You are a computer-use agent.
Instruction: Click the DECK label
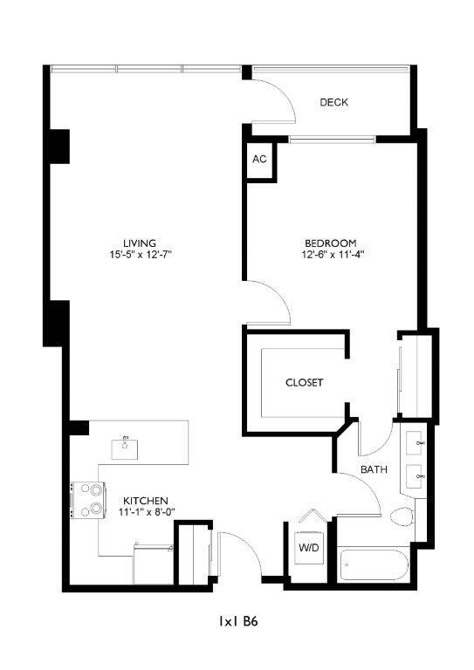tap(333, 102)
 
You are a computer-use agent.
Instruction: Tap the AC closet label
tap(258, 159)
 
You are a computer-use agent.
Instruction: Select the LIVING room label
tap(140, 243)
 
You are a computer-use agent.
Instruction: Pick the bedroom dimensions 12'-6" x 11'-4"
tap(331, 255)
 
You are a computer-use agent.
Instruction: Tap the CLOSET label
tap(304, 382)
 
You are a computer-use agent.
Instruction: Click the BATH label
tap(374, 469)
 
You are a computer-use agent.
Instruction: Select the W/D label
tap(308, 548)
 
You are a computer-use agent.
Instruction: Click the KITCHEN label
tap(145, 500)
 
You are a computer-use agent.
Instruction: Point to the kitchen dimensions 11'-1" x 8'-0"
tap(145, 512)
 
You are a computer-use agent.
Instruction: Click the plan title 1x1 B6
tap(237, 622)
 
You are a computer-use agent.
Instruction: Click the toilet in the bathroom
tap(403, 516)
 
